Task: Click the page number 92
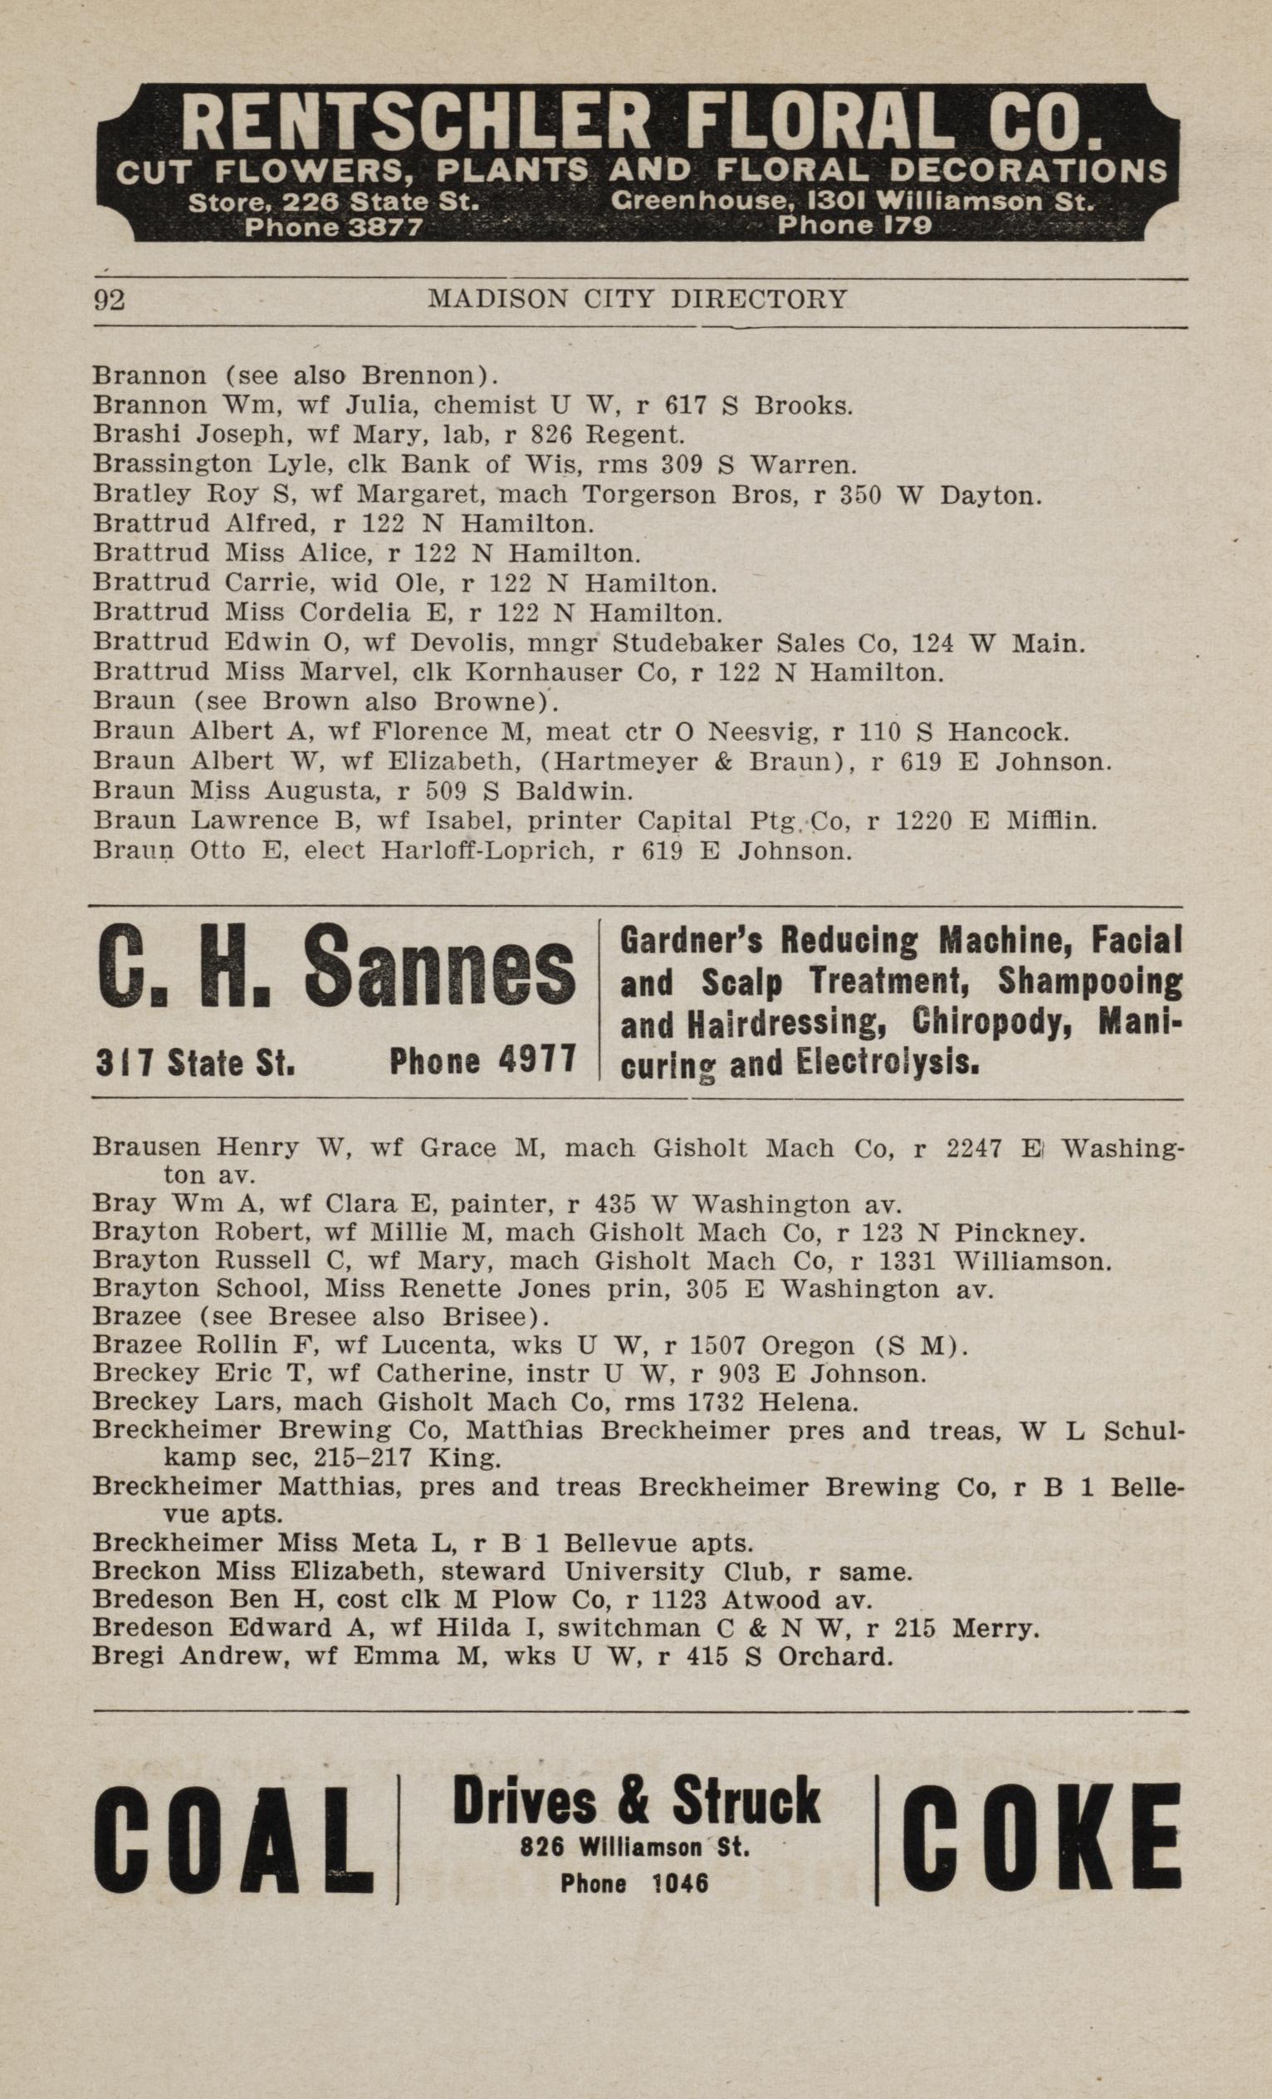110,301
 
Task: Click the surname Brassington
173,464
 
